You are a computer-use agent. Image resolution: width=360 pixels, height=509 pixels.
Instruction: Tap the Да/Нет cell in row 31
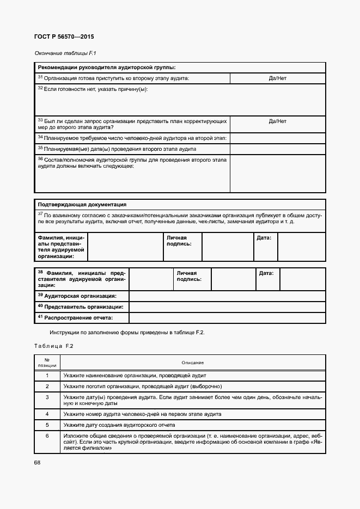[277, 78]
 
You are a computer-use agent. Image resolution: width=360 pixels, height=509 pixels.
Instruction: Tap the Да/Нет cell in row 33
[277, 121]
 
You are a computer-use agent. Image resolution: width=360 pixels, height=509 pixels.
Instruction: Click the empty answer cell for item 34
[277, 138]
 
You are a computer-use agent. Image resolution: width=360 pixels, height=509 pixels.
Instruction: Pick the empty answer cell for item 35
[277, 149]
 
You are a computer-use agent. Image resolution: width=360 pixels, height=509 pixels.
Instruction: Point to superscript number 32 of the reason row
[40, 88]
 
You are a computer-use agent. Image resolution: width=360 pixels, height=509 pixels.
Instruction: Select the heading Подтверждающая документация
[82, 205]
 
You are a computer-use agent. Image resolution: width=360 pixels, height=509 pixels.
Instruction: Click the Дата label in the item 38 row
[266, 273]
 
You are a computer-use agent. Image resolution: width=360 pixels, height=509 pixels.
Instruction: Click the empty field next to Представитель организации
[227, 306]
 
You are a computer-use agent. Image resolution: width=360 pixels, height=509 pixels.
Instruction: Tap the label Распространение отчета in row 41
[78, 317]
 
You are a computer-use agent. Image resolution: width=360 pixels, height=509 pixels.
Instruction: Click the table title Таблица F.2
[53, 346]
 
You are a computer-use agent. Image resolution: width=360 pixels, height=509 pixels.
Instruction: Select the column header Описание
[192, 363]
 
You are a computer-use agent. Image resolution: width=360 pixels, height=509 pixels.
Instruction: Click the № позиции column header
[47, 363]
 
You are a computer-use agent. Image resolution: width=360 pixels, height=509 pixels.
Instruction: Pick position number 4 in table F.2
[47, 414]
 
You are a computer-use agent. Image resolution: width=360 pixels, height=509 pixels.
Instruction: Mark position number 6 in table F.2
[47, 436]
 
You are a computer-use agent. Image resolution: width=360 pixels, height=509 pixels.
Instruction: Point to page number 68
[38, 463]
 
